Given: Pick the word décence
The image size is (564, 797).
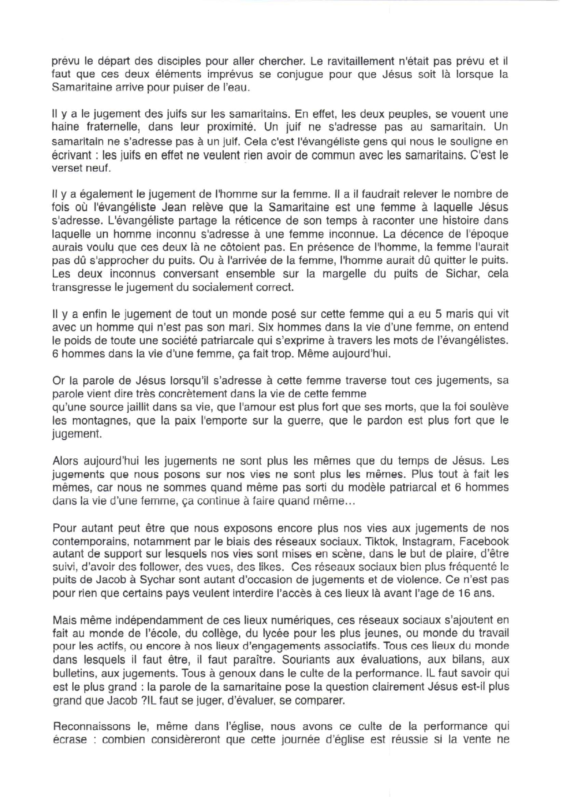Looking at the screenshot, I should pos(416,234).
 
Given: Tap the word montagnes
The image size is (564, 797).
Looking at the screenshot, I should pos(90,421).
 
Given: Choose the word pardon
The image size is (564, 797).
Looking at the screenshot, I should pos(381,421).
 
